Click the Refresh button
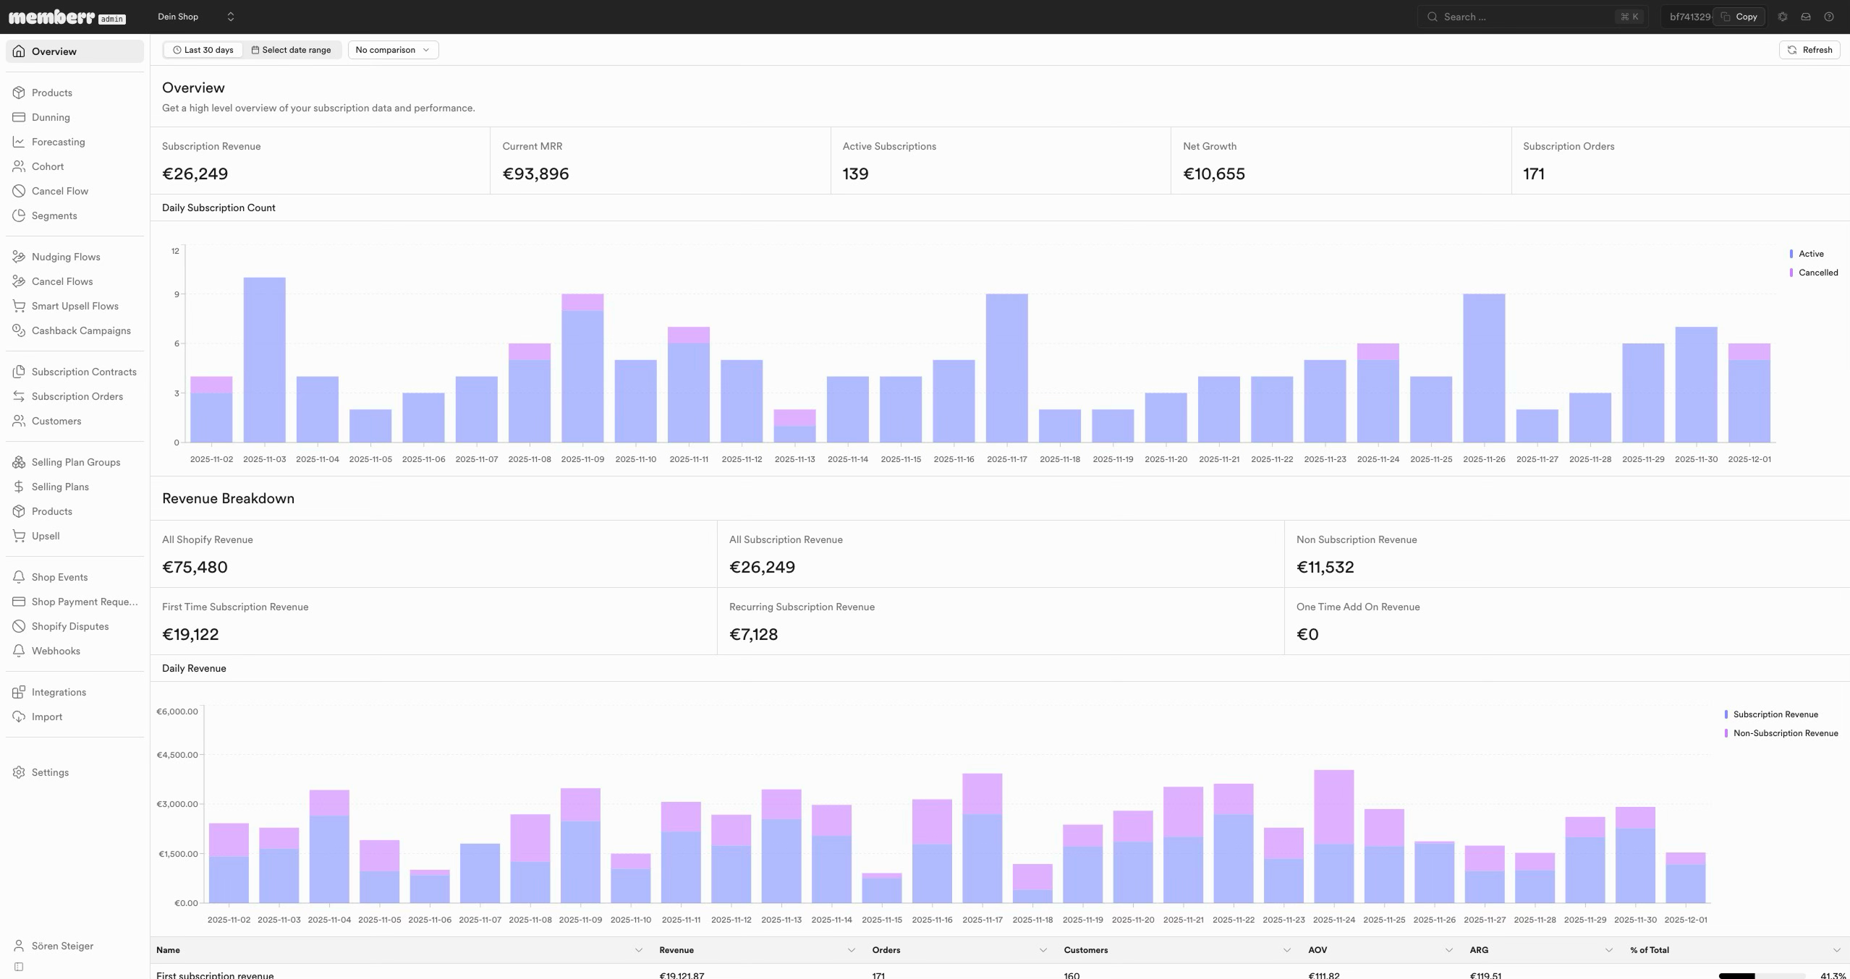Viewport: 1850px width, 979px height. [x=1809, y=50]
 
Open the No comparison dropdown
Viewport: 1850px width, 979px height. [x=393, y=50]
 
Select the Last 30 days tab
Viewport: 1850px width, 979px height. [x=203, y=50]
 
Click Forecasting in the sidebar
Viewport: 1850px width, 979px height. [x=58, y=142]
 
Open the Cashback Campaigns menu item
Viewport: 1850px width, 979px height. [x=81, y=330]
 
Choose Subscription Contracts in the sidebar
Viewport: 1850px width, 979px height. [x=84, y=372]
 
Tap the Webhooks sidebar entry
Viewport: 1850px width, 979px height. [x=56, y=651]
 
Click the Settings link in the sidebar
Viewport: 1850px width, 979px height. [x=50, y=772]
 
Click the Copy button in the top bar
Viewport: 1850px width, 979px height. [x=1739, y=17]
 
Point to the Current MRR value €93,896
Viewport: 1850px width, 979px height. [x=535, y=174]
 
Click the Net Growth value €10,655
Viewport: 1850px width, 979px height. [x=1214, y=174]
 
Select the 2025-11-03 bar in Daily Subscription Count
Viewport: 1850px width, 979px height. [x=265, y=360]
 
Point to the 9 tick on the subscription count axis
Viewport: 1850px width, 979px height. [x=176, y=294]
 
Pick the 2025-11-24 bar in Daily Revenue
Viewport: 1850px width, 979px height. [x=1334, y=837]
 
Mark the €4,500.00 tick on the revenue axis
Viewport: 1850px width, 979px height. [x=177, y=755]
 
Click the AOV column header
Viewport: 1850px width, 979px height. [x=1318, y=950]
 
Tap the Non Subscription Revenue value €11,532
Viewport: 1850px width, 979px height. [x=1325, y=567]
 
